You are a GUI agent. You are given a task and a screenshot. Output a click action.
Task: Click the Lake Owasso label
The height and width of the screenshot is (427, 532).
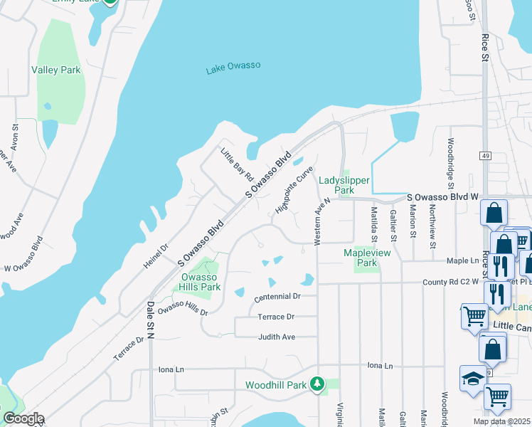pos(233,68)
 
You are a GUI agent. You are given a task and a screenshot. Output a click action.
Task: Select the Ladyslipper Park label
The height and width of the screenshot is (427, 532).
pos(336,185)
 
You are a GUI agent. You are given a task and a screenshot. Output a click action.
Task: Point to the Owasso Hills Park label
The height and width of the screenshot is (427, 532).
pos(198,282)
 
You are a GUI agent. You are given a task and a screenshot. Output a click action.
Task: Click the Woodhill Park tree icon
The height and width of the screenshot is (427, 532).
pos(317,384)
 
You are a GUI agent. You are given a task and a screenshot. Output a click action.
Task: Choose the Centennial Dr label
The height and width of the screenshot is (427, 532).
pos(277,295)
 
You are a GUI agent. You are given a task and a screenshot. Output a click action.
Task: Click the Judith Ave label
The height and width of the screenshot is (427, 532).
pos(277,337)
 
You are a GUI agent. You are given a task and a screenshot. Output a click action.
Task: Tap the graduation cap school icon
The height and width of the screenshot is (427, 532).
pos(472,379)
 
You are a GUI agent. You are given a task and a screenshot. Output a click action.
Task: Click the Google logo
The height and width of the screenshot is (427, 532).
pos(23,418)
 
